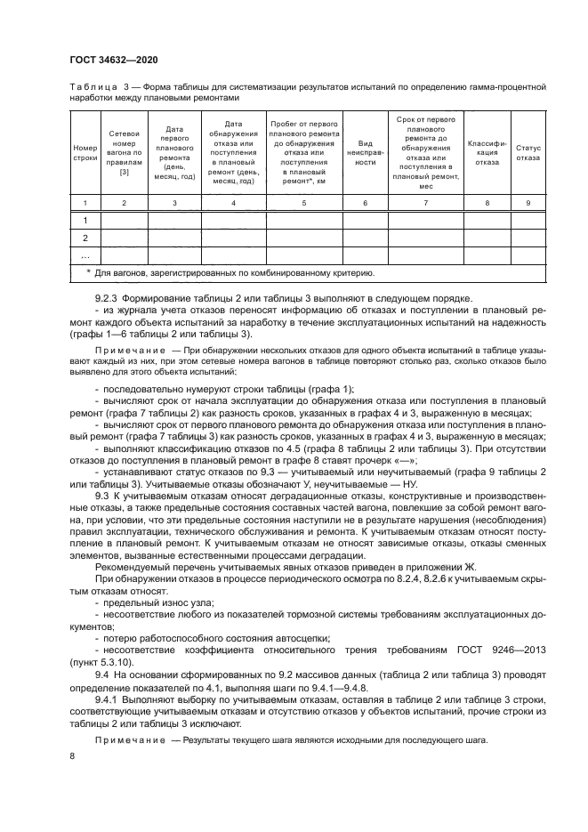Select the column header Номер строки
click(x=85, y=151)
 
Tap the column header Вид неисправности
click(x=366, y=151)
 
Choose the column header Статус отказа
click(x=528, y=151)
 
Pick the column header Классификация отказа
click(x=487, y=151)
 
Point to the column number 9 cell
click(x=528, y=204)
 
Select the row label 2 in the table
click(x=85, y=238)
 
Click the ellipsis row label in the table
click(x=85, y=255)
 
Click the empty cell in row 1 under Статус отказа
click(x=528, y=220)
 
